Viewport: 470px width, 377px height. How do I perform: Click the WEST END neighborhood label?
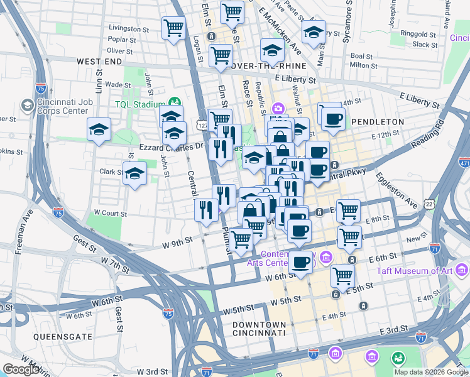(x=99, y=62)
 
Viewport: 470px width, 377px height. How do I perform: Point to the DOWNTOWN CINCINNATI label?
(x=258, y=327)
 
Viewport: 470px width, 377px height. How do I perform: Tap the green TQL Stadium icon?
(x=174, y=102)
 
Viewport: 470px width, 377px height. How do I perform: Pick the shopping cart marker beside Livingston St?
(x=173, y=28)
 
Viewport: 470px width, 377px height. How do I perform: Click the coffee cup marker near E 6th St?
(x=301, y=262)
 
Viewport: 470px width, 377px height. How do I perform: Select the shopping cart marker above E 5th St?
(x=342, y=275)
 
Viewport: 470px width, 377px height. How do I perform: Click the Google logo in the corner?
(x=21, y=369)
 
